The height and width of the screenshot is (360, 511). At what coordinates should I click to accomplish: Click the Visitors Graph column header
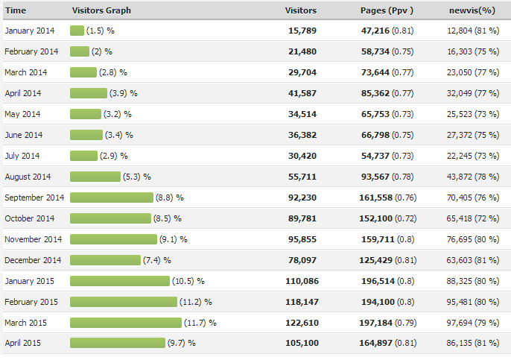point(101,10)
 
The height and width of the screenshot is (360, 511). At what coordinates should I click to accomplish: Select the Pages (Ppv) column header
point(386,10)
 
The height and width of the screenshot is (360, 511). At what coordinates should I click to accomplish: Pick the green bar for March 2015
point(125,323)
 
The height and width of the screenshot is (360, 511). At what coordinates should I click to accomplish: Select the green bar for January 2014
point(77,31)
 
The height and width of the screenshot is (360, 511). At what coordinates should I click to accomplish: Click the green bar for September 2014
point(111,198)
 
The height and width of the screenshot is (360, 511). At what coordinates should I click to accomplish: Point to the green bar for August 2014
point(95,177)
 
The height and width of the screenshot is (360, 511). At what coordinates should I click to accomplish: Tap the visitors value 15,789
point(303,31)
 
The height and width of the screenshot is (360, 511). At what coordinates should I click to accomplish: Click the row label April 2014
point(23,93)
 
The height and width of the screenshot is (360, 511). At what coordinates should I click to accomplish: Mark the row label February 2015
point(31,302)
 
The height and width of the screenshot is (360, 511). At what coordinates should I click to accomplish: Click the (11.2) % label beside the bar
point(195,302)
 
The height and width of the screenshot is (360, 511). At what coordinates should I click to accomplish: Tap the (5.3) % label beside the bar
point(136,177)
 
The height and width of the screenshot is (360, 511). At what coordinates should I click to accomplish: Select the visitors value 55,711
point(303,177)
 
